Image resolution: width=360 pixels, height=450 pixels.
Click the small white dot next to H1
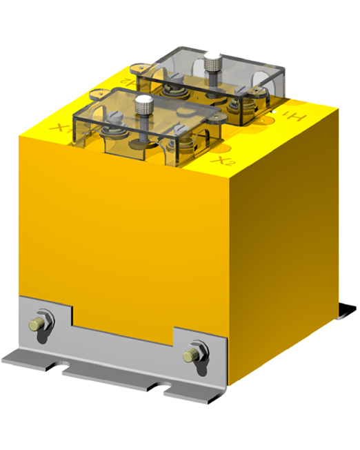click(x=274, y=112)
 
